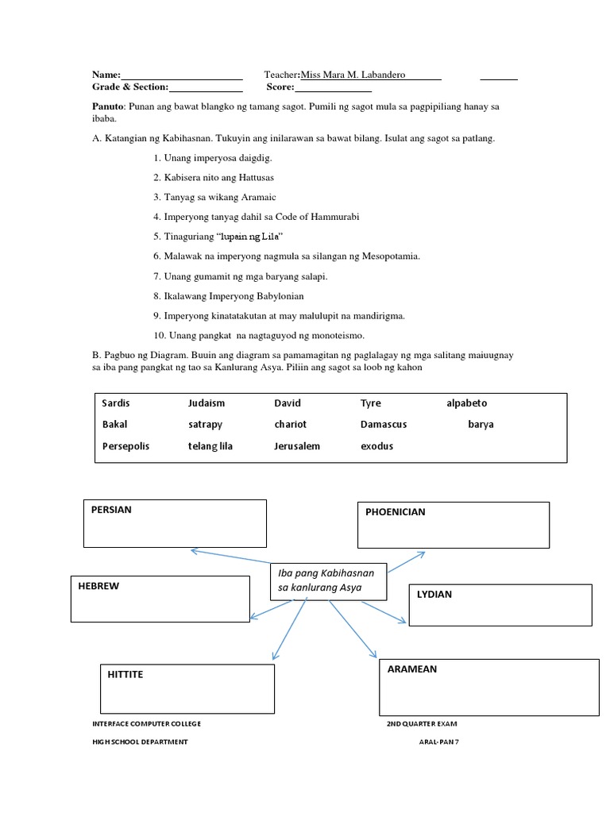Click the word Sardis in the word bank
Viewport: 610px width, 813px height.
116,403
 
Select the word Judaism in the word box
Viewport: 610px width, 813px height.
207,403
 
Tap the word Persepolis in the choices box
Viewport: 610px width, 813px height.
125,446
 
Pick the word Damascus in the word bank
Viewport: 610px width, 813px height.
383,425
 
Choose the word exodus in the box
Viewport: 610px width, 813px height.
376,446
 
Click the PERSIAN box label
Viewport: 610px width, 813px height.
112,510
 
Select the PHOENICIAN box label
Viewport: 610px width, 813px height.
395,512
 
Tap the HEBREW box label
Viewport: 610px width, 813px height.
98,586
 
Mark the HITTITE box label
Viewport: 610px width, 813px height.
125,674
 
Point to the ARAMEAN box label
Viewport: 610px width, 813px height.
412,669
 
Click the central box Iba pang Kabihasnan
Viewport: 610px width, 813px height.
327,580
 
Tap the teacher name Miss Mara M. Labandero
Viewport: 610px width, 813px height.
353,75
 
